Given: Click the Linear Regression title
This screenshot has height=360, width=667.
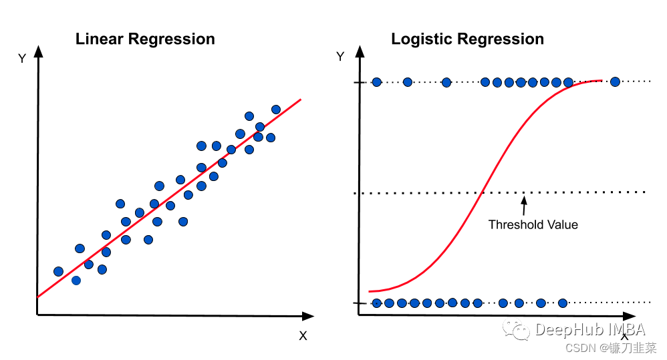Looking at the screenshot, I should tap(145, 39).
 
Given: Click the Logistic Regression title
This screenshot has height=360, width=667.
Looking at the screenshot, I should tap(467, 39).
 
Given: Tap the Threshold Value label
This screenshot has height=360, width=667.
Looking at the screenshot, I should tap(533, 224).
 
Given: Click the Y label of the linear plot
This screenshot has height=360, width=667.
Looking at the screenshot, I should tap(22, 59).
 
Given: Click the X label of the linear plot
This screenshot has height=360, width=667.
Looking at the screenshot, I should tap(303, 336).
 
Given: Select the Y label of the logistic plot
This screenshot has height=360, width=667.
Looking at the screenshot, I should tap(340, 57).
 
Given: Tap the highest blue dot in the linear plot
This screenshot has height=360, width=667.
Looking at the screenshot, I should tap(276, 109).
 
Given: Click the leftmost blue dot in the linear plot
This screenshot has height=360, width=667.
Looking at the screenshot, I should tap(58, 271).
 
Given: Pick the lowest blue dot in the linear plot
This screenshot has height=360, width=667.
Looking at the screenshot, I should tap(76, 281).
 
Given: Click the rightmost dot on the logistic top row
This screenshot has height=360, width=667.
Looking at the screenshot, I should tap(615, 81).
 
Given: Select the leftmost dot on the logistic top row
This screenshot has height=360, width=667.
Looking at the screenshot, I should tap(376, 82).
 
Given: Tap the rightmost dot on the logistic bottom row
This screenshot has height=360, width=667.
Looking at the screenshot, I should tap(562, 303).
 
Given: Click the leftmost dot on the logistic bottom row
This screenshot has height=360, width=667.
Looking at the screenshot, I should tap(377, 303).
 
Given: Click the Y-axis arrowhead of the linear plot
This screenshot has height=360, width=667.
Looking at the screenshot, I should tap(37, 50).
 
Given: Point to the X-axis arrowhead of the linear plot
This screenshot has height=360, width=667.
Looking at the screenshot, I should tap(308, 315).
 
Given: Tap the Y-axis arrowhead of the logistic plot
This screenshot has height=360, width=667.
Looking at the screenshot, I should tap(360, 50).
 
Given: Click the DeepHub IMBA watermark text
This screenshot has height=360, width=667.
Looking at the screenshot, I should tap(589, 329).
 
